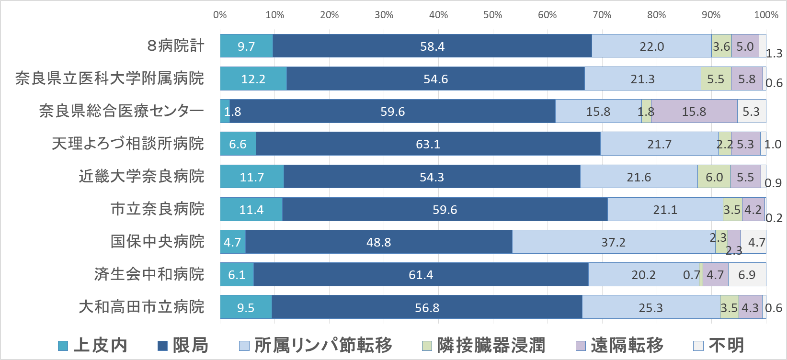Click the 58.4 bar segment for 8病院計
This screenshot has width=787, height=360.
tap(432, 46)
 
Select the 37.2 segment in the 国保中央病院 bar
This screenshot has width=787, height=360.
tap(614, 242)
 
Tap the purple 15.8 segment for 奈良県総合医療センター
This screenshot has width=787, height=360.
tap(694, 112)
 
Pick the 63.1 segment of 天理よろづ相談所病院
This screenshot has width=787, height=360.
tap(428, 144)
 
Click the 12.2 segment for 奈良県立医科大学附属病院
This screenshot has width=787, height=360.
tap(253, 79)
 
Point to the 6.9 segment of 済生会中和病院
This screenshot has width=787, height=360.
tap(747, 275)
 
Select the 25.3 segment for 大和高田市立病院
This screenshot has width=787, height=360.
tap(650, 307)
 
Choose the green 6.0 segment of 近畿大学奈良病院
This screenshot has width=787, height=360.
tap(714, 177)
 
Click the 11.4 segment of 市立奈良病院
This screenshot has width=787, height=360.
tap(251, 209)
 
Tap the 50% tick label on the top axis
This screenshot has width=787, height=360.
tap(493, 15)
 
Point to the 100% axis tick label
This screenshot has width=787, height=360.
tap(765, 15)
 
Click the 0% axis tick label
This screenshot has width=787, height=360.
tap(220, 15)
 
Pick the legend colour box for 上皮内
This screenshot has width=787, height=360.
tap(63, 346)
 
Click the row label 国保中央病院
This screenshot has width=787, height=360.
tap(157, 241)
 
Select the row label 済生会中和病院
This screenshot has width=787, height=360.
tap(149, 274)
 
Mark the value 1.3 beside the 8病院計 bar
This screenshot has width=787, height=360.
tap(774, 53)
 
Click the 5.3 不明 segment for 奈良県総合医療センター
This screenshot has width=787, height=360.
tap(751, 112)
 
